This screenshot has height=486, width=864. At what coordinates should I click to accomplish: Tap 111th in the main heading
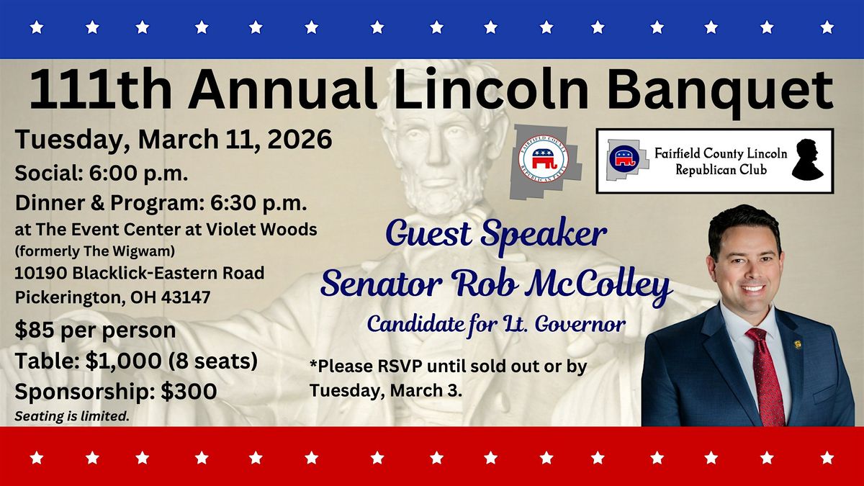pos(100,89)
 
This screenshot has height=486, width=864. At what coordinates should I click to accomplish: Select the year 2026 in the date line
pos(300,139)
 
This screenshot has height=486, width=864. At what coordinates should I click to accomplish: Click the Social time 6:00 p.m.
pos(139,174)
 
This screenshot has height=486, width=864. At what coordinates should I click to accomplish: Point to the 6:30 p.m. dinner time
pos(258,203)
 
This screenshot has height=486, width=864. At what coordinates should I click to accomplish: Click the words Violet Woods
pos(262,230)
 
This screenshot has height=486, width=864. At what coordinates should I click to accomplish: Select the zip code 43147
pos(186,297)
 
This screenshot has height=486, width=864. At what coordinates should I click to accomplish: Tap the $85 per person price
pos(95,330)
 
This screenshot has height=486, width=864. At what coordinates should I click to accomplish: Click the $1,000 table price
pos(123,361)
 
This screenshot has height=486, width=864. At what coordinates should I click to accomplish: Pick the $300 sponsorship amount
pos(189,392)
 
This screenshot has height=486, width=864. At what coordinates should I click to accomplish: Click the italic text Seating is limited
pos(72,416)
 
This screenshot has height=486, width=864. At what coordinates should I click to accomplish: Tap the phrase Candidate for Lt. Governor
pos(496,325)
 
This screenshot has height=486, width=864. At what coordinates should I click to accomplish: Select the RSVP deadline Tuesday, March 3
pos(386,390)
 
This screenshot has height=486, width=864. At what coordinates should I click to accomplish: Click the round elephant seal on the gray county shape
pos(544,159)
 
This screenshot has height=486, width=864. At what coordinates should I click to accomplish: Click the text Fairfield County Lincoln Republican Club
pos(721,161)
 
